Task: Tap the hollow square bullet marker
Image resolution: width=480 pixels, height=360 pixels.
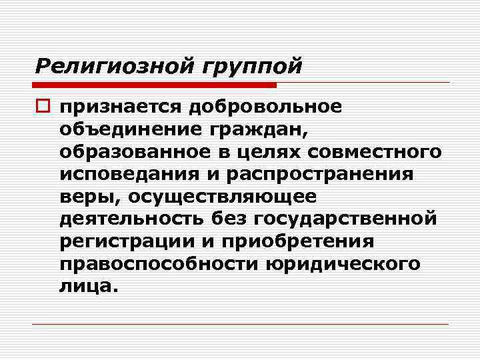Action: [43, 107]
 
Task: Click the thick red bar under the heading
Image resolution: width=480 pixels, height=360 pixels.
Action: [154, 85]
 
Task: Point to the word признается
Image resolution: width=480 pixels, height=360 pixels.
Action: [119, 107]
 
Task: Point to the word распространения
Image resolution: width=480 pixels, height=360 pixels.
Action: [323, 174]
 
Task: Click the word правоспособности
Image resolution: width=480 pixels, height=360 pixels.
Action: [159, 264]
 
